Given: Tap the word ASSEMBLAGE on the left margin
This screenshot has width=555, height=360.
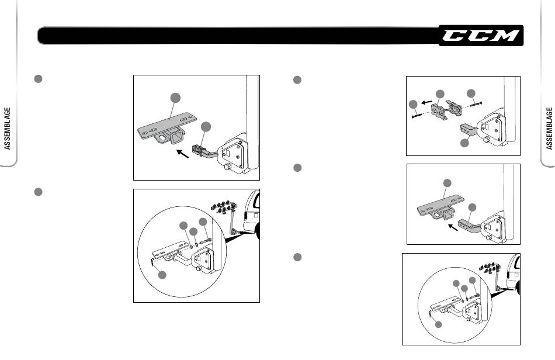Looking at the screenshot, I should pos(8,129).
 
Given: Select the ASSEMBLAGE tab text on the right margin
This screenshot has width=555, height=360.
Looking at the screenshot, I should pos(549,129).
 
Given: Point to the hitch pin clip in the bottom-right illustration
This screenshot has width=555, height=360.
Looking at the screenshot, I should pos(431,315).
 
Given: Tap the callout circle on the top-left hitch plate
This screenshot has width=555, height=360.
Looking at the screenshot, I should pos(175,98).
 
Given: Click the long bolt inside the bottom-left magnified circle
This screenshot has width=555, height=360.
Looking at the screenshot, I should pos(206,240).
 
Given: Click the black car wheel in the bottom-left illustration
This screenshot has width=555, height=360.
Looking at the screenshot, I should pos(256,232).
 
